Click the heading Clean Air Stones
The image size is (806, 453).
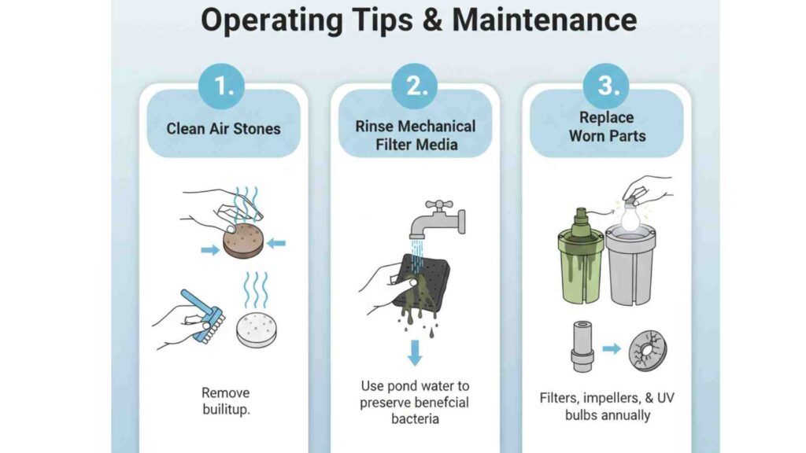pyautogui.click(x=224, y=128)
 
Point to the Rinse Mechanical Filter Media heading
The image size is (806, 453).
pyautogui.click(x=416, y=135)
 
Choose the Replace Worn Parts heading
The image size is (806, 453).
pyautogui.click(x=607, y=127)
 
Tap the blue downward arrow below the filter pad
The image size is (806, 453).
pyautogui.click(x=415, y=353)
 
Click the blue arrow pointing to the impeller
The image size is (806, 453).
pyautogui.click(x=612, y=348)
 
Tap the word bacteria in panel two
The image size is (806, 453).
pyautogui.click(x=416, y=418)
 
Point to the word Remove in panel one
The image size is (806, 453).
pyautogui.click(x=224, y=392)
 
